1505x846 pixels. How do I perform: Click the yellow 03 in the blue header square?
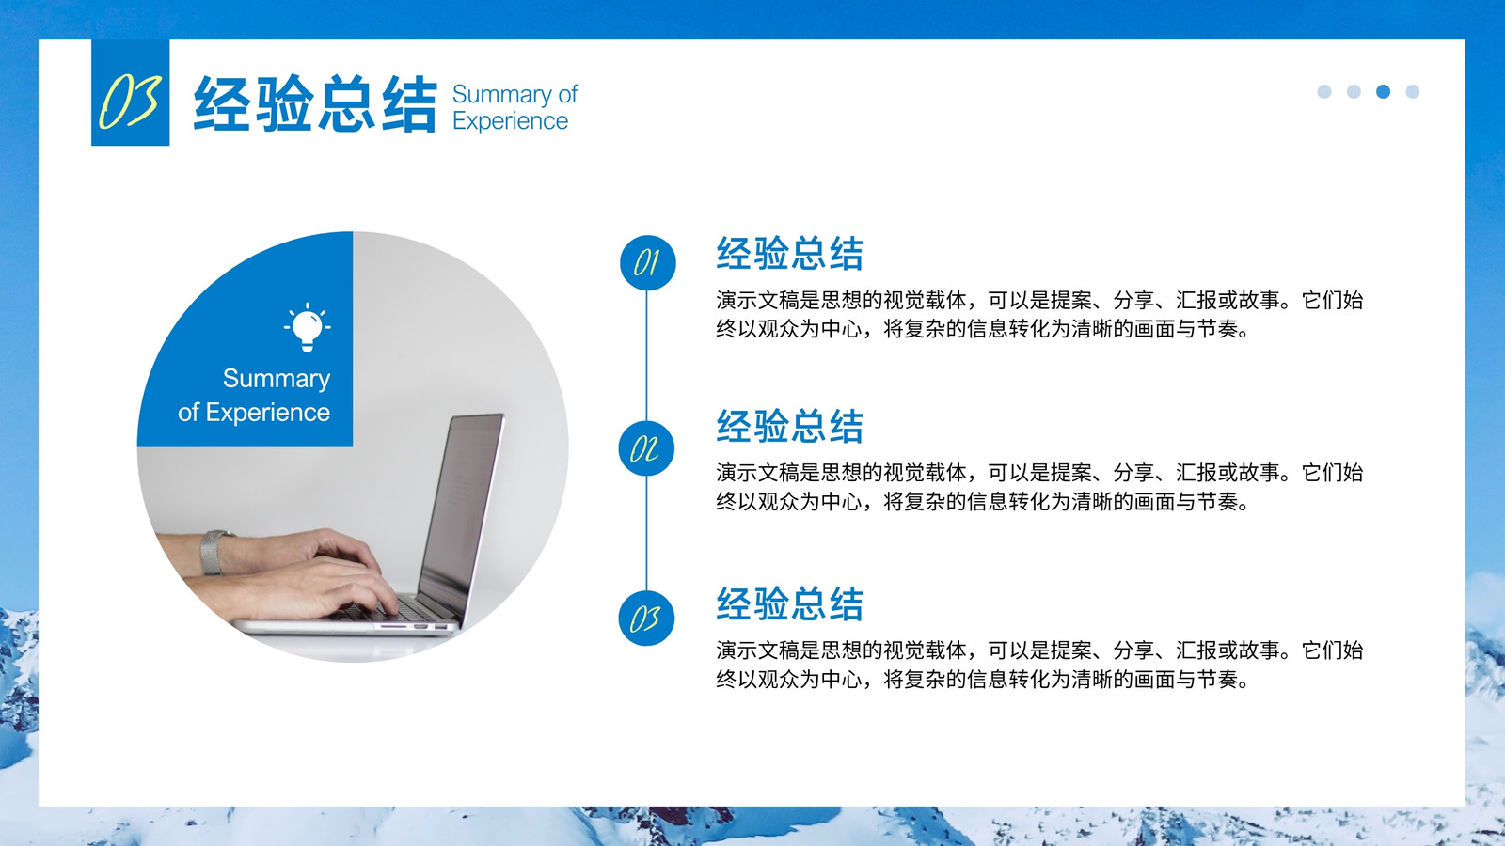131,101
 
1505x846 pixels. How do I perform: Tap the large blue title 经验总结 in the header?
315,103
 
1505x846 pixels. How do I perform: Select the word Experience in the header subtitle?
510,121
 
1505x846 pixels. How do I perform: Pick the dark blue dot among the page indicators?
1383,91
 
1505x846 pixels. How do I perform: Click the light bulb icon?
307,327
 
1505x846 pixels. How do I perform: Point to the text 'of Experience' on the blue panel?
254,413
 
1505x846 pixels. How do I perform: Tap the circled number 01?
648,262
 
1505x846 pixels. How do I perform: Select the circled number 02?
646,448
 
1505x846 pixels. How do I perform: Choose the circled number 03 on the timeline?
646,619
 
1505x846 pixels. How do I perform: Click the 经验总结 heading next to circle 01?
789,253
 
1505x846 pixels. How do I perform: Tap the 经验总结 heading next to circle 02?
789,426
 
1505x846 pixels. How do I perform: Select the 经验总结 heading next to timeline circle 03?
789,603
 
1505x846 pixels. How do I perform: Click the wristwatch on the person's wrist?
214,552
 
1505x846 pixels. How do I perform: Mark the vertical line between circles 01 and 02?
646,356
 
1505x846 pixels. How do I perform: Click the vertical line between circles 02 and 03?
646,534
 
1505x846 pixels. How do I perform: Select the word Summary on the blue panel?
277,380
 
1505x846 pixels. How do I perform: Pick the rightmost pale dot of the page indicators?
1412,91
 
